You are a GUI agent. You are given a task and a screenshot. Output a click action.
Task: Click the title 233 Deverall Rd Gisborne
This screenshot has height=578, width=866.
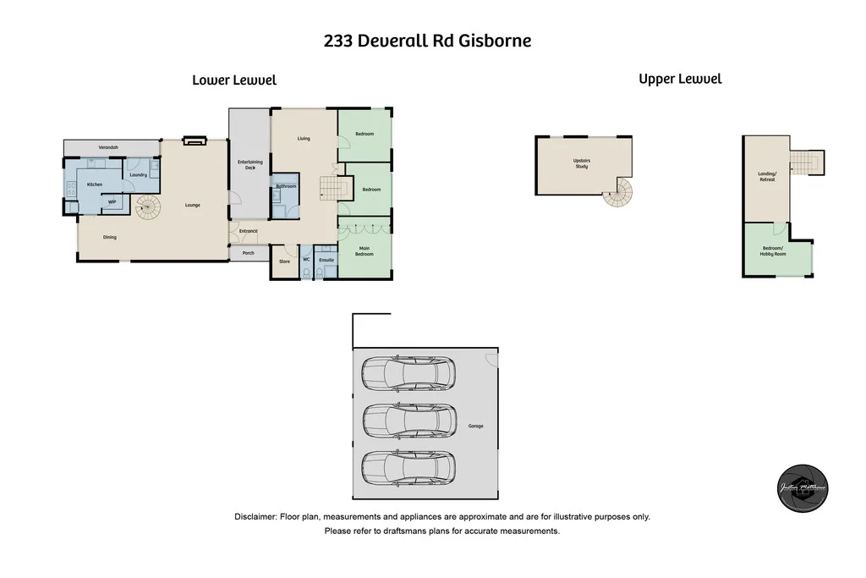427,41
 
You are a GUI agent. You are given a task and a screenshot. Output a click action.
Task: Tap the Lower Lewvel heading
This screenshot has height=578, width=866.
234,80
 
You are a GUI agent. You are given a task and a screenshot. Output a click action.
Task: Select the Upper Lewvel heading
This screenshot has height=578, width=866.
680,79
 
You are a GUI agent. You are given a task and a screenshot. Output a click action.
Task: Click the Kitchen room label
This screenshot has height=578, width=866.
95,184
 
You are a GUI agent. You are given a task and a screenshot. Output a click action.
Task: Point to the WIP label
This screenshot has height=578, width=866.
111,202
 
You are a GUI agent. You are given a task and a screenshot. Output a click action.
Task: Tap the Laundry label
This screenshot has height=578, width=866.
139,175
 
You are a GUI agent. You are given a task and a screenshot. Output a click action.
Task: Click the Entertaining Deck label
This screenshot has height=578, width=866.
249,164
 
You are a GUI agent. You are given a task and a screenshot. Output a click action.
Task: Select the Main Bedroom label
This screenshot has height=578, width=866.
364,251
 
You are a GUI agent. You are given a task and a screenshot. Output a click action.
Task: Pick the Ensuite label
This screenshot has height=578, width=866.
327,260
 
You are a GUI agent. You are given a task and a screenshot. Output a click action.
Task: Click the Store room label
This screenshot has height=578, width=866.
285,261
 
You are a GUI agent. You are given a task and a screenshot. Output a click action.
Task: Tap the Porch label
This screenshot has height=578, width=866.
249,253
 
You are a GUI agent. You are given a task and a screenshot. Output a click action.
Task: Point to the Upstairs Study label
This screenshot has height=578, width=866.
581,163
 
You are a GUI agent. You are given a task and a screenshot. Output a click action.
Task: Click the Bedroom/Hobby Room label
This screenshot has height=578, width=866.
773,251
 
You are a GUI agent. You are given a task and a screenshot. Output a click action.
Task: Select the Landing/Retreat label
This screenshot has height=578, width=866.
766,177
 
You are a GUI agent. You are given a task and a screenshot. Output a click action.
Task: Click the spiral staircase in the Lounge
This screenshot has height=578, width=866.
148,206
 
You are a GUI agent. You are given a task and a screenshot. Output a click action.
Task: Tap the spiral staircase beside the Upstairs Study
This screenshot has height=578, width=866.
620,194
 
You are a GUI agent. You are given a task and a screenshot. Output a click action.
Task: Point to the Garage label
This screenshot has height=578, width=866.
476,426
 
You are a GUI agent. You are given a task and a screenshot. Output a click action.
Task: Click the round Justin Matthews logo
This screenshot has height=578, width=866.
803,490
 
